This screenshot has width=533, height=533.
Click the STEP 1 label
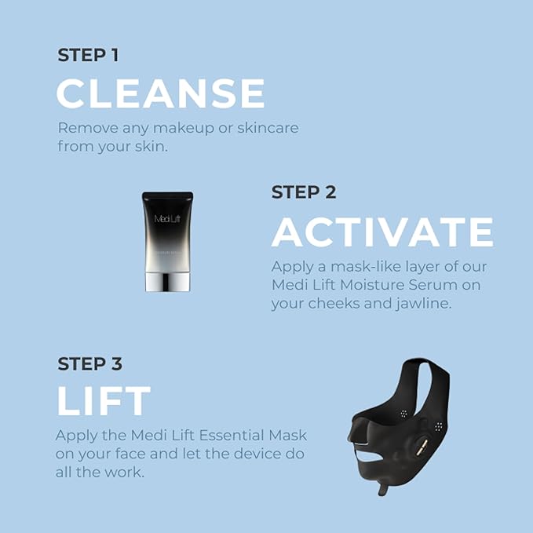pyautogui.click(x=88, y=56)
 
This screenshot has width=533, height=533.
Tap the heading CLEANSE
pyautogui.click(x=160, y=94)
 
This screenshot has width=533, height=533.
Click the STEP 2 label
pyautogui.click(x=304, y=192)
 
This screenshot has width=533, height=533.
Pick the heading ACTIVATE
pyautogui.click(x=382, y=232)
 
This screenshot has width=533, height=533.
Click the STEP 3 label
pyautogui.click(x=89, y=364)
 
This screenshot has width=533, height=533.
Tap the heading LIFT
pyautogui.click(x=103, y=402)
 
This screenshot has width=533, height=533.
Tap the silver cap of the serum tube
pyautogui.click(x=168, y=279)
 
